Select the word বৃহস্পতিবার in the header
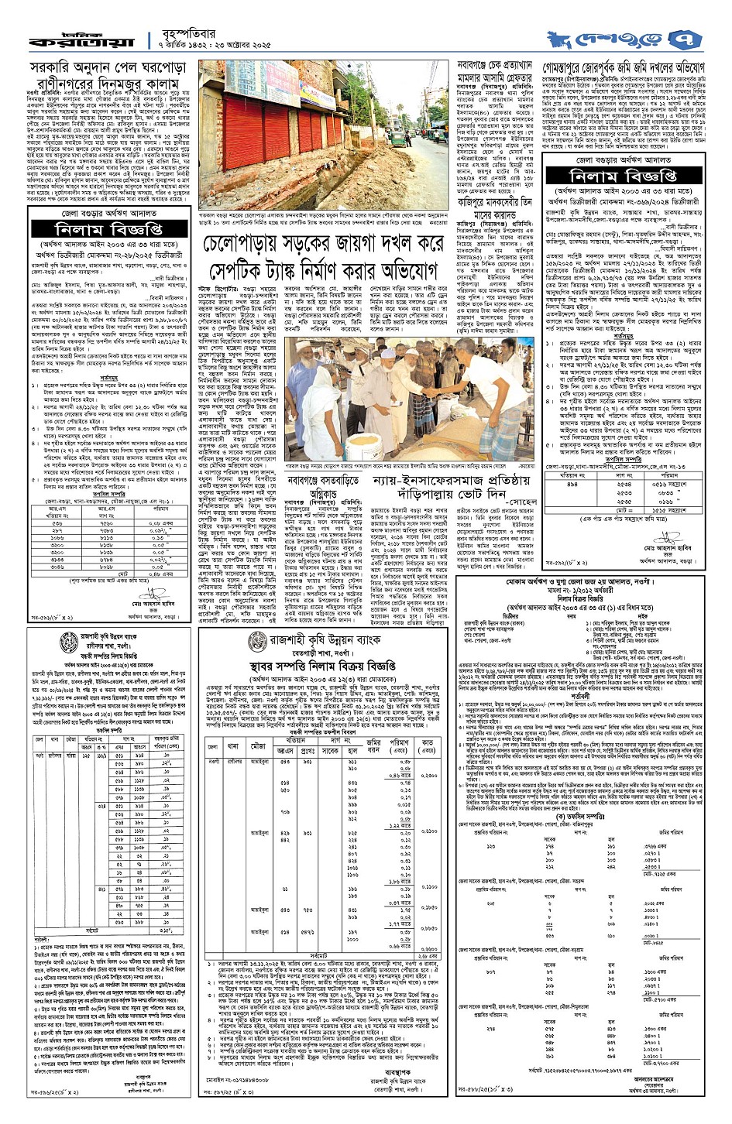[179, 28]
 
